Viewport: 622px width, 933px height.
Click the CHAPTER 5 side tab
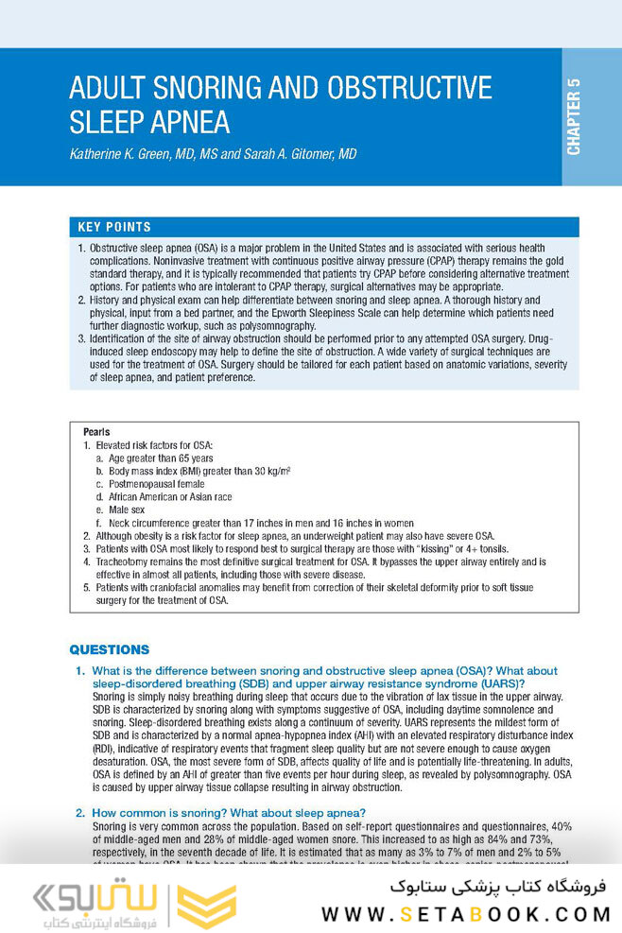(x=574, y=117)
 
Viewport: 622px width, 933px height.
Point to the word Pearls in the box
(x=96, y=432)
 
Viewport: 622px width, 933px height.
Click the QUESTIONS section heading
(x=110, y=649)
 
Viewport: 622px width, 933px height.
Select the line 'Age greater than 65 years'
(x=161, y=458)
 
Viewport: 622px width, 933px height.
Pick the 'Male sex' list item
(x=127, y=509)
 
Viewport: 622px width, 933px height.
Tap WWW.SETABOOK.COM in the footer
(x=465, y=914)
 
